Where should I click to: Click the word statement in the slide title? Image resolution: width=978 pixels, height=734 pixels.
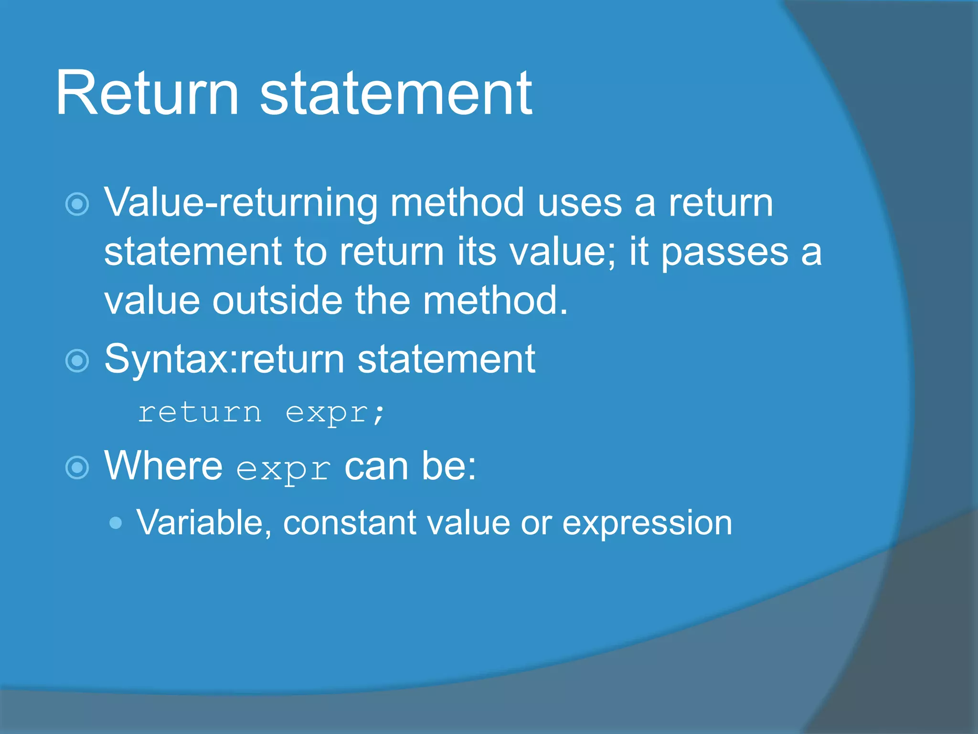point(396,93)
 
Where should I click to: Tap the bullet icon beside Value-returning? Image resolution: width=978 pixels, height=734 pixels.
point(77,205)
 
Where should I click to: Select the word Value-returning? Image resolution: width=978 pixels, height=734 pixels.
point(241,204)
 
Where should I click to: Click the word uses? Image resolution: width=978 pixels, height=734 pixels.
point(580,204)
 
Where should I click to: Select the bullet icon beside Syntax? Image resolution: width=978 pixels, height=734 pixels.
point(77,361)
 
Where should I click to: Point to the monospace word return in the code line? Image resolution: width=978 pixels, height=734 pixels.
point(200,412)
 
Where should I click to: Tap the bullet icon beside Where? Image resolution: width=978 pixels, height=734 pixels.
point(77,467)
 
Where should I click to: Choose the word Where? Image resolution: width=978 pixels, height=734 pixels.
point(163,466)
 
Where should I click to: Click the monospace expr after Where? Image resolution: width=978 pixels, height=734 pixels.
point(283,469)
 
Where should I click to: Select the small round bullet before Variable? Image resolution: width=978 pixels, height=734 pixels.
point(116,523)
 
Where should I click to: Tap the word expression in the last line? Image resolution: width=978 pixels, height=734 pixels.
point(647,523)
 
